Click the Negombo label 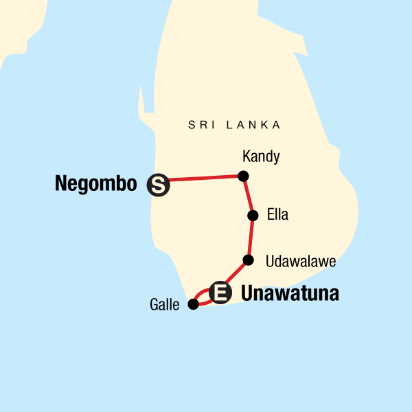(x=96, y=184)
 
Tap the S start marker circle (x=159, y=185)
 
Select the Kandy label (x=262, y=157)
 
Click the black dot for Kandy (x=242, y=176)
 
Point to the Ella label (x=278, y=215)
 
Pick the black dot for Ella (x=253, y=216)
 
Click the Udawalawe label (x=295, y=262)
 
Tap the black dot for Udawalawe (x=249, y=260)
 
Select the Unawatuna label (x=290, y=294)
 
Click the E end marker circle (x=220, y=293)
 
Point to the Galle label (x=165, y=304)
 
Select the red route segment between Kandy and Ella (x=248, y=196)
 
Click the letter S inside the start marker (x=159, y=185)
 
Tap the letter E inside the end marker (x=220, y=293)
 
